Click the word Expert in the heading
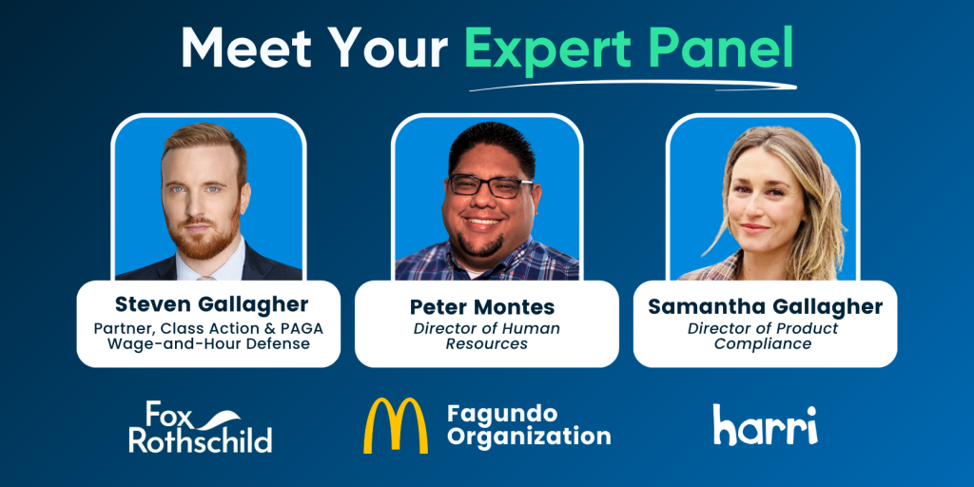coord(540,49)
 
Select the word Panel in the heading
coord(711,48)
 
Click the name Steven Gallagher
coord(212,304)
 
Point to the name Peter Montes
coord(482,307)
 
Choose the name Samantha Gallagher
coord(766,307)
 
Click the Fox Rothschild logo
coord(200,427)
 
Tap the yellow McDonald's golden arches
coord(396,425)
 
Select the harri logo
coord(766,425)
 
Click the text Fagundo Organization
coord(529,425)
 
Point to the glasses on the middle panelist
coord(490,185)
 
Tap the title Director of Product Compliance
coord(763,336)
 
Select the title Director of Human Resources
coord(487,336)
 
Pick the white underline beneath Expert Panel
coord(633,85)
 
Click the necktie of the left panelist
coord(205,278)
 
